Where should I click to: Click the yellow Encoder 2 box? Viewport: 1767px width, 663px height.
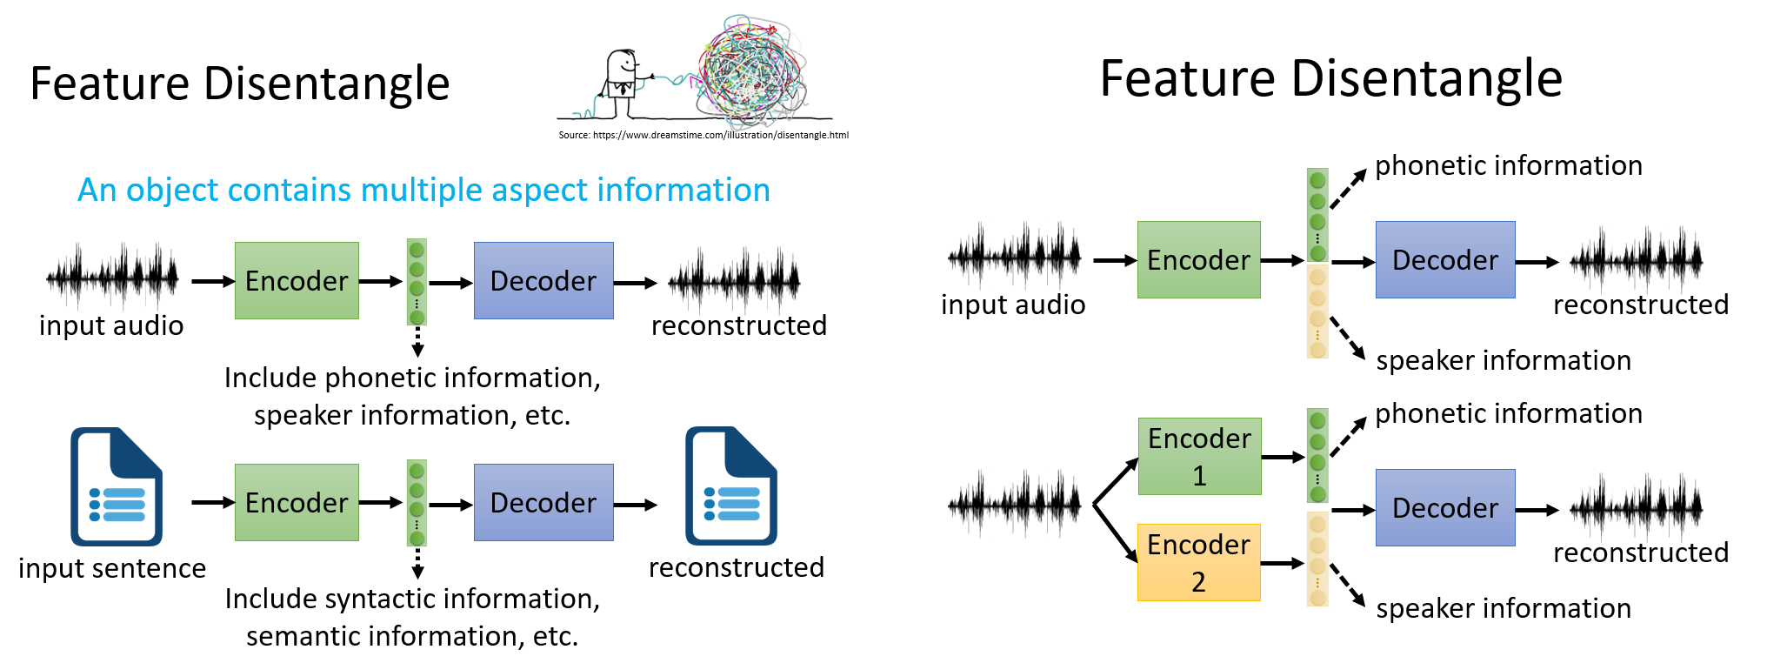(1198, 562)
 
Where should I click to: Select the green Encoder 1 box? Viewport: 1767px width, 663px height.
(1199, 456)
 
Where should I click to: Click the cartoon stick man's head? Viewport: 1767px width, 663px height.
(622, 64)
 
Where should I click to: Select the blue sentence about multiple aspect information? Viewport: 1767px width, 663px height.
(423, 190)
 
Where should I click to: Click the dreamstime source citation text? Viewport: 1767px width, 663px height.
(703, 135)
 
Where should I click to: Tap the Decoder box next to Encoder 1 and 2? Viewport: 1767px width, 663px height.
(1444, 507)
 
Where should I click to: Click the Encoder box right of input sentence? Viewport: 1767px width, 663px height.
(297, 502)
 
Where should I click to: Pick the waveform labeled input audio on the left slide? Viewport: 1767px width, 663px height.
(112, 277)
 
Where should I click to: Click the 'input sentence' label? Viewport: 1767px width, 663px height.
(112, 568)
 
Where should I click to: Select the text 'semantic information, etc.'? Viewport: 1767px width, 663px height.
(411, 636)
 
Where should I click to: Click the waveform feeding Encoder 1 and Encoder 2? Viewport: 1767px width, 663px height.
(1014, 503)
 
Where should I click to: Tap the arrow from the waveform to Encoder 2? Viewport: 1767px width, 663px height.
(1116, 532)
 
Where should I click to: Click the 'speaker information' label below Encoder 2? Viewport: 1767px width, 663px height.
(1503, 608)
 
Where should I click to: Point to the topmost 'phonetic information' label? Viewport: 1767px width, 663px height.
(1508, 165)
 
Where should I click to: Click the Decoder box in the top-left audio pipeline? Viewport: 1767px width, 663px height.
(543, 280)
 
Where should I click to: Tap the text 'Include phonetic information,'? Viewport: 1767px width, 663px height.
(411, 378)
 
